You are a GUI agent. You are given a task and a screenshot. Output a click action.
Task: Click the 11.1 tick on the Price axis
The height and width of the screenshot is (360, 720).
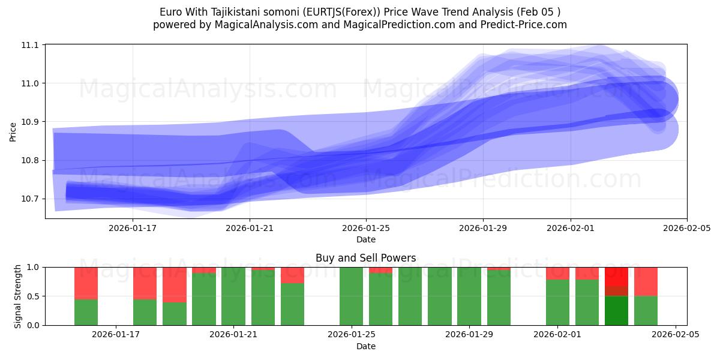[31, 45]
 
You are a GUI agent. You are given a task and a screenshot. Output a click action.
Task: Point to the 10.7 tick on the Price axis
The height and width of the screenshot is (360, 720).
[31, 199]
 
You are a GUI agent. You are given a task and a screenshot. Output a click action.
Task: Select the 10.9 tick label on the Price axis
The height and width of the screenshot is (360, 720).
[31, 122]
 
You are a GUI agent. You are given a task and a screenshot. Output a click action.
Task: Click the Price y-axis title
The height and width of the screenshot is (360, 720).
[13, 131]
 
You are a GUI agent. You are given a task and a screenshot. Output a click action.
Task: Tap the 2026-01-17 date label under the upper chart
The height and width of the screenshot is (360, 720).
[132, 228]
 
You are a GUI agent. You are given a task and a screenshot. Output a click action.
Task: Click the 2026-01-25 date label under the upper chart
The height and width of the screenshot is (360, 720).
[366, 228]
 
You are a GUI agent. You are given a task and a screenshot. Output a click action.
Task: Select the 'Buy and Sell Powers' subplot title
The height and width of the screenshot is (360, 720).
[366, 259]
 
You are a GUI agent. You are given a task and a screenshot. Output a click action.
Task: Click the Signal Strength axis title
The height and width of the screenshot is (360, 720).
[18, 296]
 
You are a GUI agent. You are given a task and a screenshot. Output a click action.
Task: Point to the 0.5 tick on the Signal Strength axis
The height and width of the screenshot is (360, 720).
[33, 296]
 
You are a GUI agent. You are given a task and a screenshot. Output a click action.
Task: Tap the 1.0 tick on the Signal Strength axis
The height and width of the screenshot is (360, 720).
[33, 267]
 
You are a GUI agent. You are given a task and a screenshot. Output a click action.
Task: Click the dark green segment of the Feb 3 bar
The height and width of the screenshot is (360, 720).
[616, 311]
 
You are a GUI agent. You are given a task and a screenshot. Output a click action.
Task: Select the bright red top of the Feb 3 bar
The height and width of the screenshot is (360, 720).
[616, 276]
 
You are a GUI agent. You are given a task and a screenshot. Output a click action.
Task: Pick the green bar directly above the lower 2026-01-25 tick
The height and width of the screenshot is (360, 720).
[351, 296]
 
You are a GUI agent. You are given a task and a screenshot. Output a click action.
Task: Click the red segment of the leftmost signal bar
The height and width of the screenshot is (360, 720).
[86, 283]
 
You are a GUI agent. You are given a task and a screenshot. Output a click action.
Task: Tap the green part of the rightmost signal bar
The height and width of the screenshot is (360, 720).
[646, 311]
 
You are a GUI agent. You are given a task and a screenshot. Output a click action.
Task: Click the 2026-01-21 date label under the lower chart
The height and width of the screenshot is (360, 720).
[233, 335]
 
